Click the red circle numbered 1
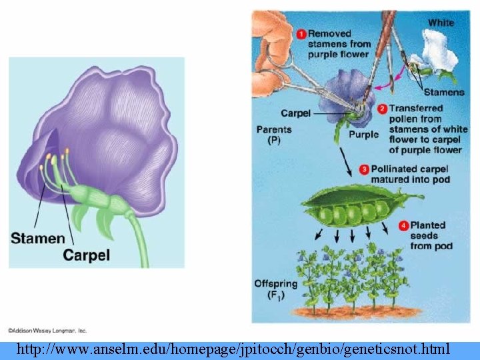coord(301,33)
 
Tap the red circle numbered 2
coord(383,108)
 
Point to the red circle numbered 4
coord(403,225)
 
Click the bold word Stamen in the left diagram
coord(38,238)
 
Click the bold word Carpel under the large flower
coord(87,255)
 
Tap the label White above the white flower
coord(441,23)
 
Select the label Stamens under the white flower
coord(444,92)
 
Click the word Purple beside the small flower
coord(363,134)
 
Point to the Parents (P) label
coord(274,135)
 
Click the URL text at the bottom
coord(233,349)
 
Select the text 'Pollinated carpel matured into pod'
coord(411,175)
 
